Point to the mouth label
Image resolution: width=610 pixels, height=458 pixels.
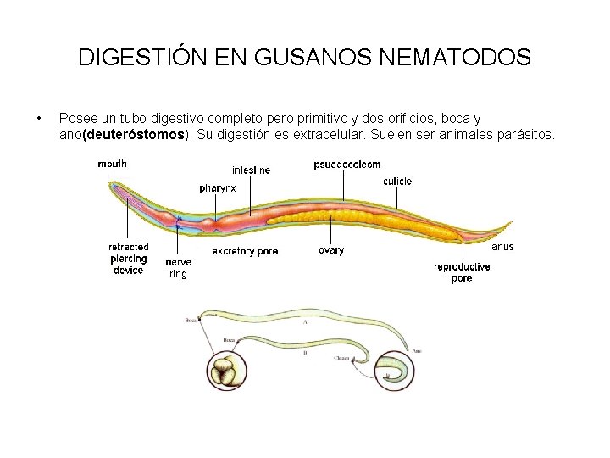113,165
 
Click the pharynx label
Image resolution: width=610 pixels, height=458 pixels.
218,187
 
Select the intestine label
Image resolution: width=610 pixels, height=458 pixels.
252,170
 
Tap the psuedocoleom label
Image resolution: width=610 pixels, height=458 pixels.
347,164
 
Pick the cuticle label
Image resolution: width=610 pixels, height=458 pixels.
397,181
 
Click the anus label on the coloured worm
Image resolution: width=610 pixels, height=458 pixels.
502,247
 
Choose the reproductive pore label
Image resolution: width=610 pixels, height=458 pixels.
462,272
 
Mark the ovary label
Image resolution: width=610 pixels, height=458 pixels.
331,250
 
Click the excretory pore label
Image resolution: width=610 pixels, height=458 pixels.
245,251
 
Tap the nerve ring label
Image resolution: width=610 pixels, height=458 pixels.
178,268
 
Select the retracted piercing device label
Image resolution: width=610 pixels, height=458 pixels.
129,259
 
